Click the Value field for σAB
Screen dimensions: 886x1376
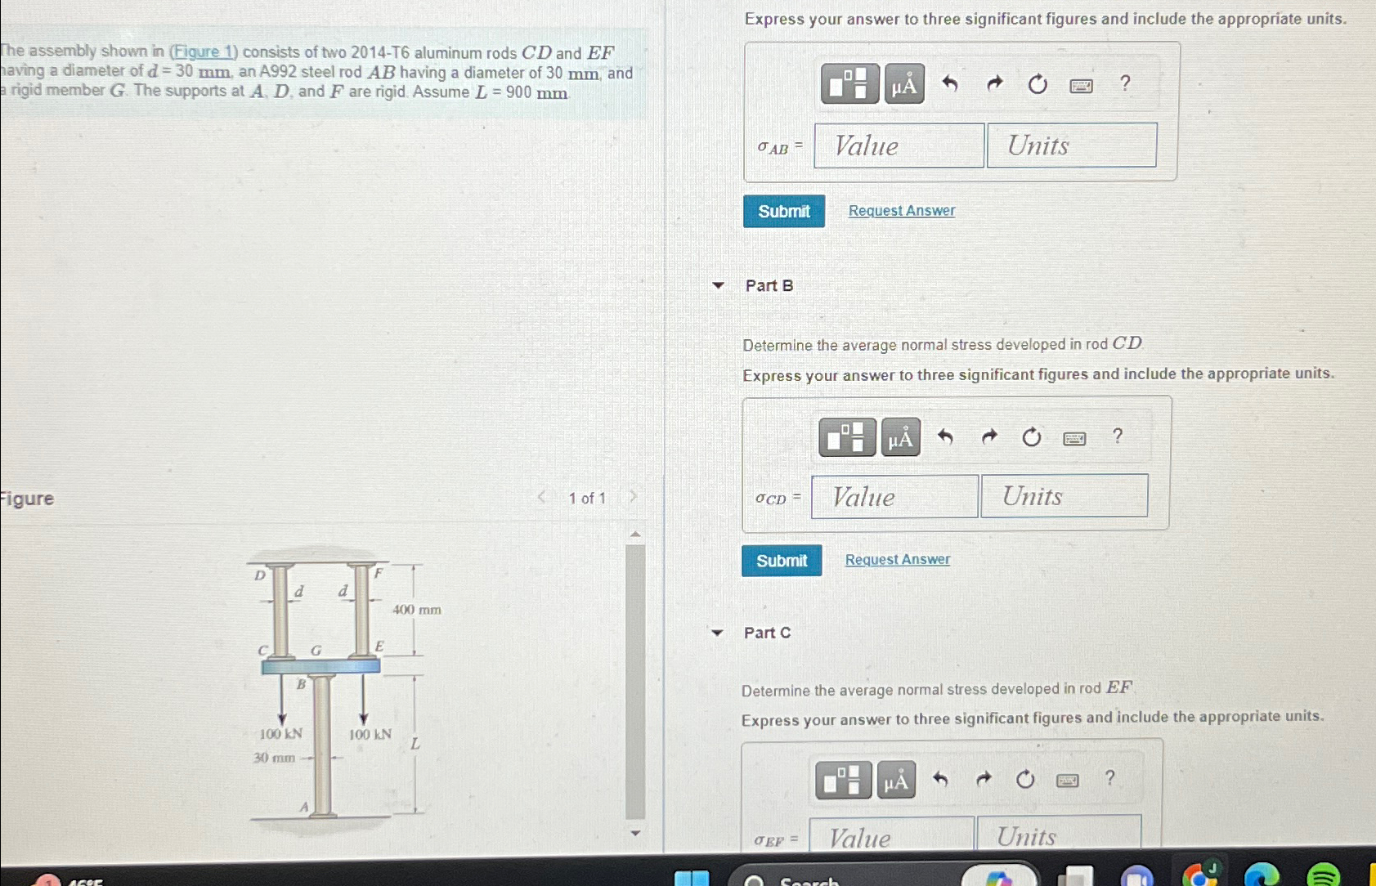899,145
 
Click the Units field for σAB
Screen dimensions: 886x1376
1071,145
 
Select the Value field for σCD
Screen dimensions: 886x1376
894,496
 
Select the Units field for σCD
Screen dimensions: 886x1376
1064,496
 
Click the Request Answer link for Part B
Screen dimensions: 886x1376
897,560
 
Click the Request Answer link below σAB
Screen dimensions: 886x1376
901,211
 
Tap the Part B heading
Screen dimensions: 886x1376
769,285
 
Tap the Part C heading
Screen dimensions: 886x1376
767,633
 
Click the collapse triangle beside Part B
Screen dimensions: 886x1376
719,285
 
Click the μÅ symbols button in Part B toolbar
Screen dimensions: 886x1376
900,438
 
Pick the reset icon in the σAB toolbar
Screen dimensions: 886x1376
1038,84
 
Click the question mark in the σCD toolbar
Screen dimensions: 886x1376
1118,436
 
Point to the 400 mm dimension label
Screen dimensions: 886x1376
417,610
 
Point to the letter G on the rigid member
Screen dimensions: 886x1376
316,651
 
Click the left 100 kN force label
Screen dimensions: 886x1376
280,734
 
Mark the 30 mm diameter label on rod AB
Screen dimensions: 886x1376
274,758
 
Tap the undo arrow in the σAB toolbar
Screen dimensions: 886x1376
949,83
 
